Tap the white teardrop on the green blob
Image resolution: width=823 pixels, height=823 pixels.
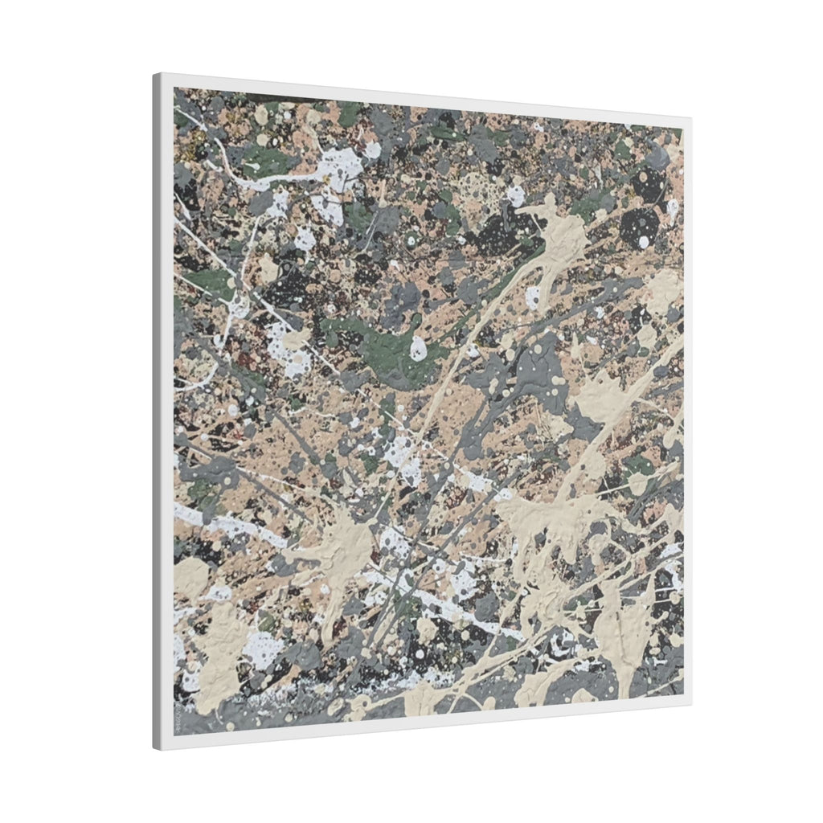417,348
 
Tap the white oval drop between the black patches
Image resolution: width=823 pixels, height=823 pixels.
672,207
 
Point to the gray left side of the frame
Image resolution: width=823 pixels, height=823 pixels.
158,410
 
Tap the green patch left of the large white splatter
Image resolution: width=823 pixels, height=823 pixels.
265,161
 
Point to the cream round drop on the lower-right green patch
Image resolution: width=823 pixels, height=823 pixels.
638,485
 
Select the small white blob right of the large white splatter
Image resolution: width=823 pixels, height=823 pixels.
372,150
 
